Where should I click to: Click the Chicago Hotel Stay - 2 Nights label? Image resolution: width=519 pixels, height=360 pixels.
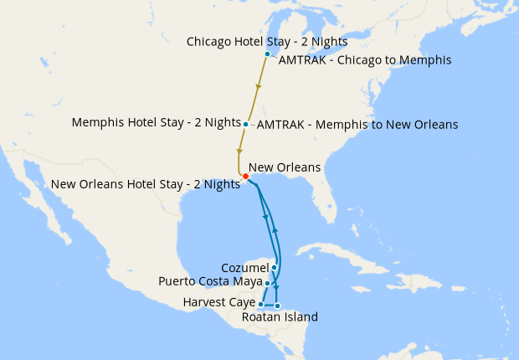click(267, 41)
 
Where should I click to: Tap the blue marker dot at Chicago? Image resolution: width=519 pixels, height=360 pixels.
click(267, 54)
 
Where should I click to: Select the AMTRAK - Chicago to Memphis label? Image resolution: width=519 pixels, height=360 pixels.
click(365, 60)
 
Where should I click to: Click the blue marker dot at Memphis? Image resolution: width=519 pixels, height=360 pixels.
click(245, 125)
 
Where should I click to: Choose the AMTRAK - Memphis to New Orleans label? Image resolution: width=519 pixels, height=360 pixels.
click(357, 125)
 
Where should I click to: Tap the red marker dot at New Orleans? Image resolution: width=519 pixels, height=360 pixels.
click(245, 176)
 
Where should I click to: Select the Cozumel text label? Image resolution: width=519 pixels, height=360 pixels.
click(244, 267)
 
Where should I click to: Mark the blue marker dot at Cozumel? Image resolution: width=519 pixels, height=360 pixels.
click(275, 268)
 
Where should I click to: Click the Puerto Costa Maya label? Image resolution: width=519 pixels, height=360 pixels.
click(210, 281)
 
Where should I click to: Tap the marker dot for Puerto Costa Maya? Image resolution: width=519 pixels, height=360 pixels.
click(267, 284)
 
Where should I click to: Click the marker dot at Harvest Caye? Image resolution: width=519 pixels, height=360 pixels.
click(261, 305)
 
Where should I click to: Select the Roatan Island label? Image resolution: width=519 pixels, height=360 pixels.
click(280, 316)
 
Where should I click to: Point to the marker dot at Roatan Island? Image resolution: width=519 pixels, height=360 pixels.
click(277, 306)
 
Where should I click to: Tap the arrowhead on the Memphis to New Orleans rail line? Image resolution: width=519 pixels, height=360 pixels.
click(239, 151)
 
